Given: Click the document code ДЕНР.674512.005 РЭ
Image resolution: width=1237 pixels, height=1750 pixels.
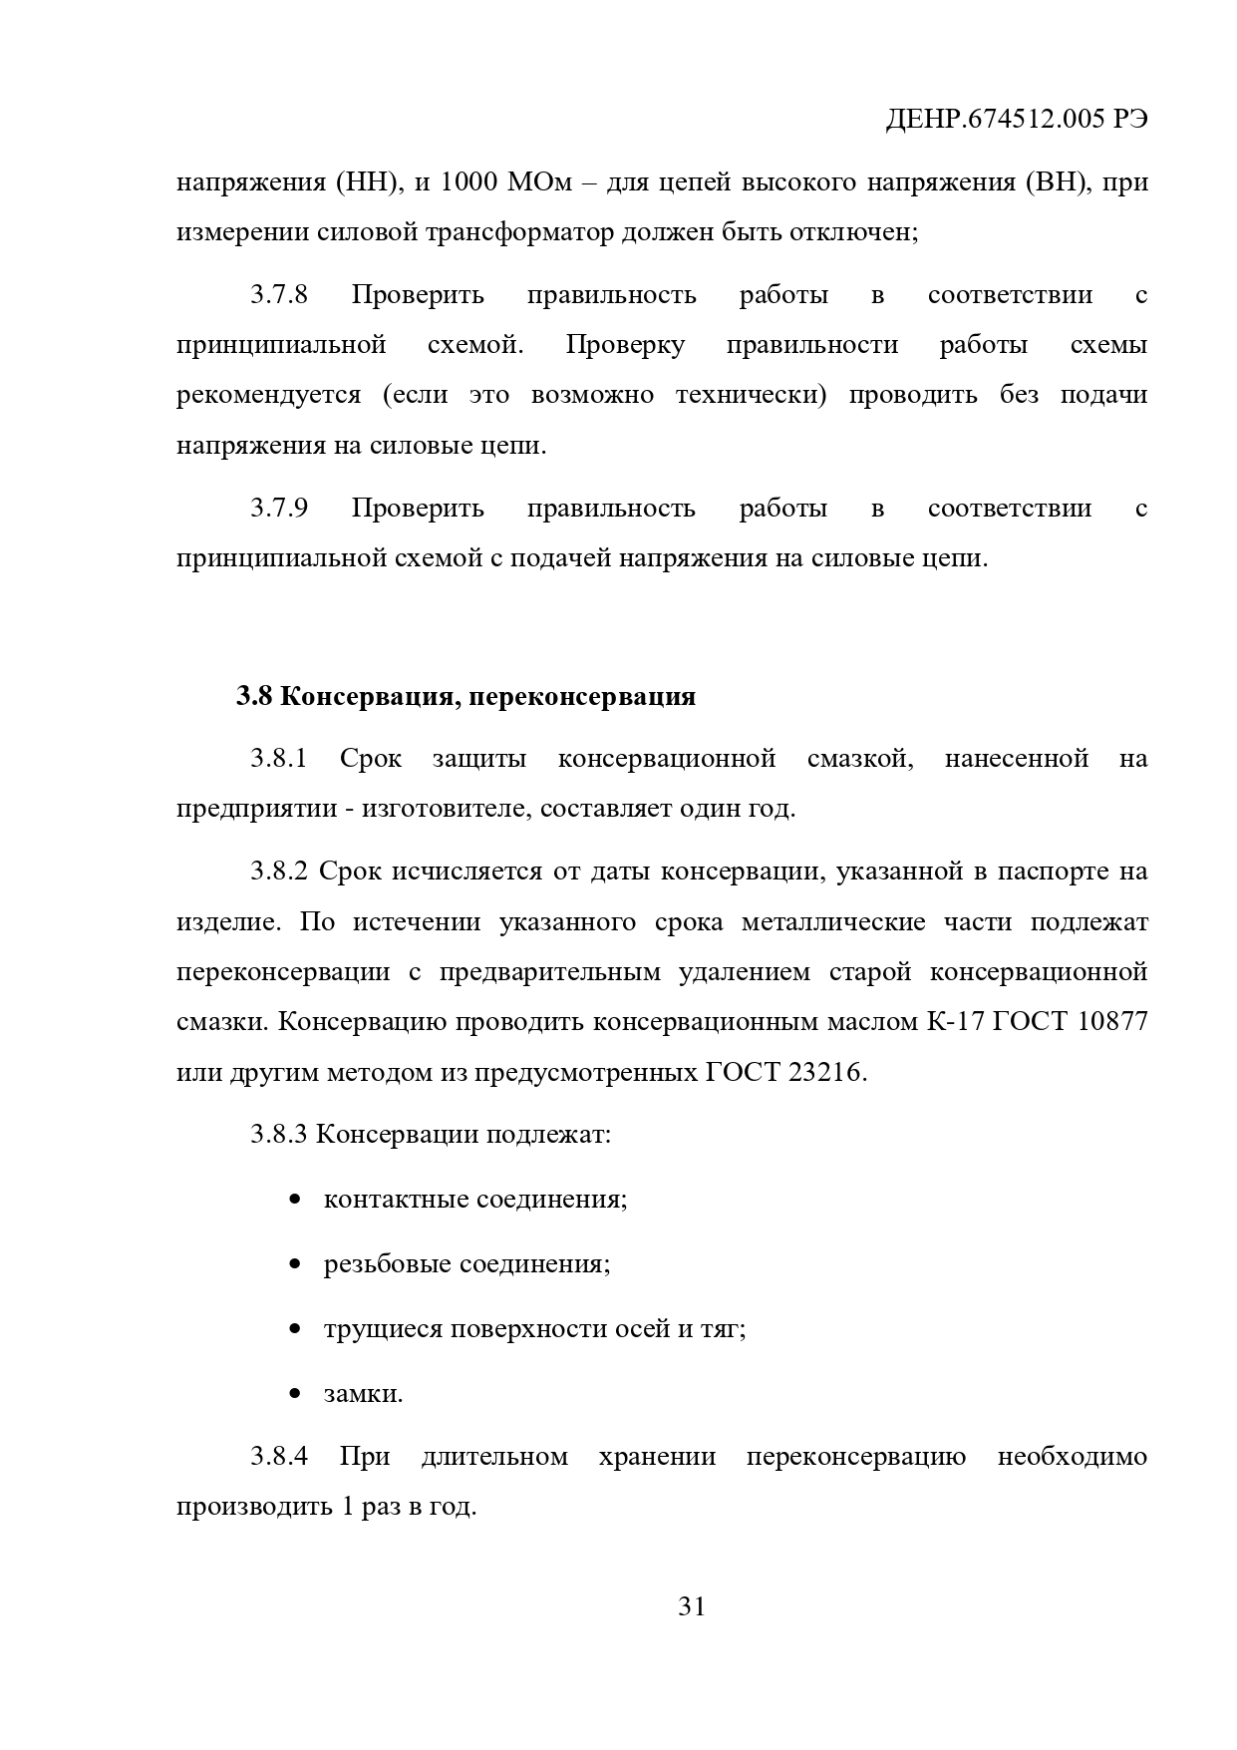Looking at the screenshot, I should tap(1017, 120).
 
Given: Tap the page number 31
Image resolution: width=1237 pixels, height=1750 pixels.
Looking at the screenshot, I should tap(691, 1606).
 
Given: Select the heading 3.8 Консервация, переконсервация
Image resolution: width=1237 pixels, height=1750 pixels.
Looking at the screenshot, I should tap(465, 696).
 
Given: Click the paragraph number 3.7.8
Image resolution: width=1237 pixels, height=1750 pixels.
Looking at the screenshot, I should tap(279, 295).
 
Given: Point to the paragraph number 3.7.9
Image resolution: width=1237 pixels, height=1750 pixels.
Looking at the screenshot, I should tap(279, 509).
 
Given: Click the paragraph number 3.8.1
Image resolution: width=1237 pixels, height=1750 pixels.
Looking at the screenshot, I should tap(278, 759).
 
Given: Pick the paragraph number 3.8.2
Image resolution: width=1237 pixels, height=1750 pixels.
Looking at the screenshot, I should tap(278, 872).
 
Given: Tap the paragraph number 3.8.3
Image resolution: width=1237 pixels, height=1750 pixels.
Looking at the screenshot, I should tap(278, 1135).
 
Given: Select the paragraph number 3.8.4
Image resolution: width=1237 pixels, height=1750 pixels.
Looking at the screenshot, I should tap(278, 1457).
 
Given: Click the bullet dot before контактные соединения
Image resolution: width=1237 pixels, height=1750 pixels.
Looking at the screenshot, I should tap(294, 1200).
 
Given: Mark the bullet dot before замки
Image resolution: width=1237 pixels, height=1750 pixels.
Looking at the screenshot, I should tap(294, 1395).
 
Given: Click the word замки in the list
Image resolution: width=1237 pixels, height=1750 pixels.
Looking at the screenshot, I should tap(363, 1394).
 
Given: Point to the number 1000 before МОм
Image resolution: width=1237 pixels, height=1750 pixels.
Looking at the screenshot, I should tap(470, 183).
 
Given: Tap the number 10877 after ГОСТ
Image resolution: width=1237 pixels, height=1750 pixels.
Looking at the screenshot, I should tap(1112, 1022).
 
